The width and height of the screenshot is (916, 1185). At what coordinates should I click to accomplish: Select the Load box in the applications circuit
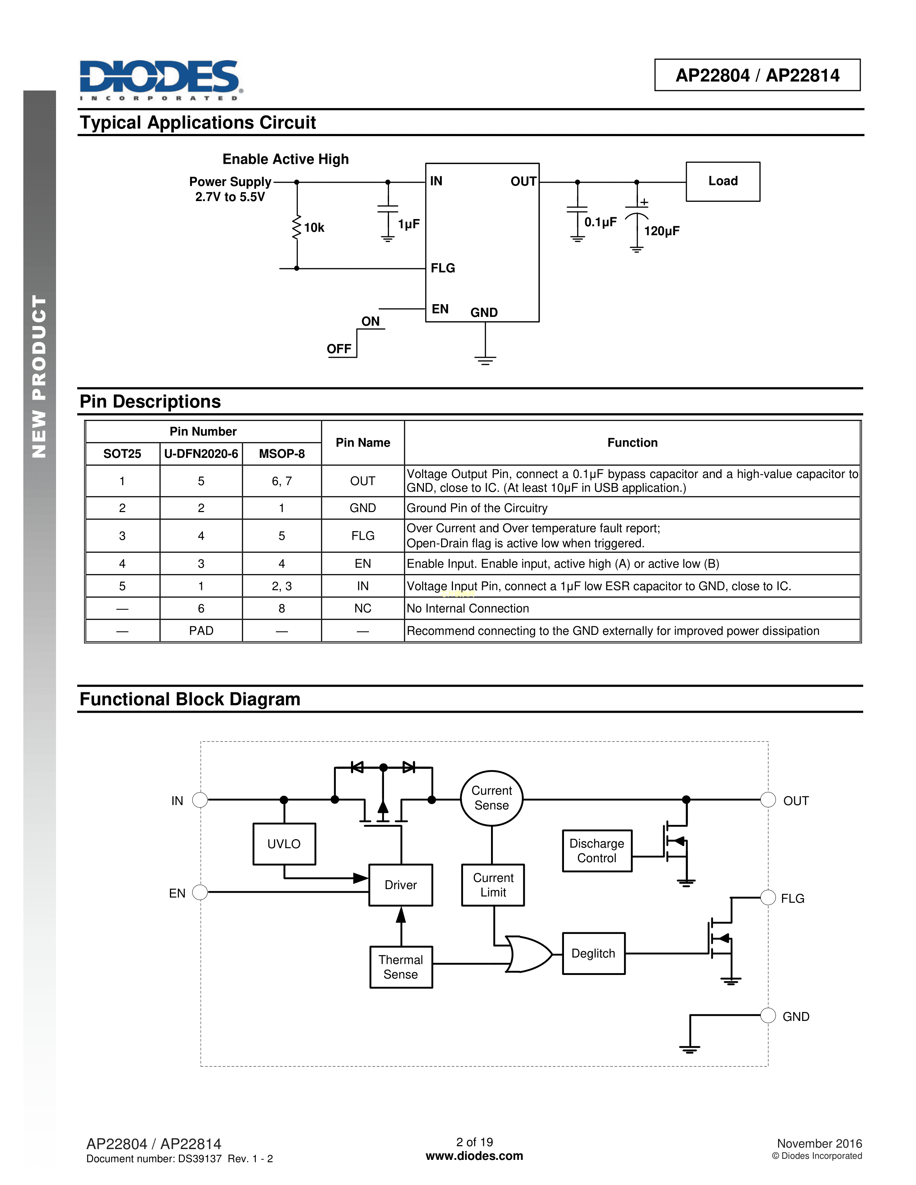coord(722,181)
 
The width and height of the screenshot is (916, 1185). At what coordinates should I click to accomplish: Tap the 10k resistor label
coord(314,228)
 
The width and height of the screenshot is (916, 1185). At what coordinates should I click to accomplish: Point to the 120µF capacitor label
coord(661,231)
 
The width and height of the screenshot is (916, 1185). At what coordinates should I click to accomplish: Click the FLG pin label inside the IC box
coord(443,268)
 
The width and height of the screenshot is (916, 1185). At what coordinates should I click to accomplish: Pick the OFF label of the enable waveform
coord(339,349)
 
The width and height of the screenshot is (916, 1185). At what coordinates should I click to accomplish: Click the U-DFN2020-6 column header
coord(201,454)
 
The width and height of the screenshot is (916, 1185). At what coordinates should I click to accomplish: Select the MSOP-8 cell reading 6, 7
coord(282,481)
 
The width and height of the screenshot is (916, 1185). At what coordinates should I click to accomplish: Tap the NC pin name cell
coord(362,609)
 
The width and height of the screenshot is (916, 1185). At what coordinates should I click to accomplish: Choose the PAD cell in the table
coord(201,631)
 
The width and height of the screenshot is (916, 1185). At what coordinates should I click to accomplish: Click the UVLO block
coord(284,844)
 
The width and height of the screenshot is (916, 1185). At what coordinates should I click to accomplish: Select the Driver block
coord(401,885)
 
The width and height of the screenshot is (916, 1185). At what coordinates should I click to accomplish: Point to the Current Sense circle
coord(492,798)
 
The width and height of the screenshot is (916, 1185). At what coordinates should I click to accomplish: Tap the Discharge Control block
coord(597,851)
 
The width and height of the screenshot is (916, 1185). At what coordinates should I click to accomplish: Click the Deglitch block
coord(593,953)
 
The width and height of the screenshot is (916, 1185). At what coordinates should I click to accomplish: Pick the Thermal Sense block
coord(401,967)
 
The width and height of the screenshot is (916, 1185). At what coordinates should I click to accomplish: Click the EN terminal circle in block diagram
coord(200,893)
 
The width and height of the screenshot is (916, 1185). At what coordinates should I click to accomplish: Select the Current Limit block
coord(493,885)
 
